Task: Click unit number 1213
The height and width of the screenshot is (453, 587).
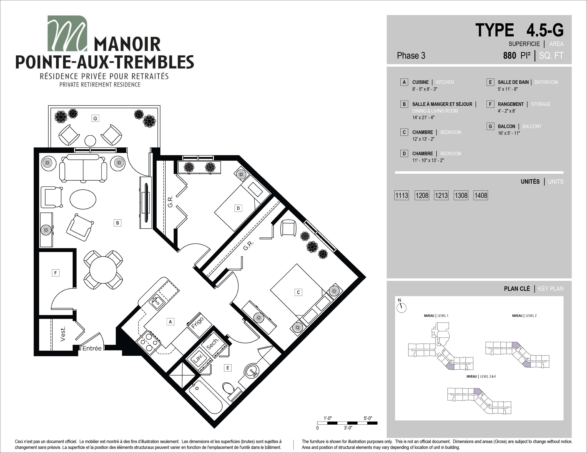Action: (x=441, y=195)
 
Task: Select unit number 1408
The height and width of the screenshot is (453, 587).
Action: (x=481, y=195)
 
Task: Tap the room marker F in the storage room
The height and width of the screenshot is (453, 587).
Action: (x=55, y=273)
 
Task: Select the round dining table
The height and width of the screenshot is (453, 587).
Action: (x=103, y=270)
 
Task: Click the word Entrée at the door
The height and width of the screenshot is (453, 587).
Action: (x=92, y=348)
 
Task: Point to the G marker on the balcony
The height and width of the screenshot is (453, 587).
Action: (x=95, y=118)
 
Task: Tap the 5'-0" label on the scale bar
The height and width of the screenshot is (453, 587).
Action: (x=368, y=418)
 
